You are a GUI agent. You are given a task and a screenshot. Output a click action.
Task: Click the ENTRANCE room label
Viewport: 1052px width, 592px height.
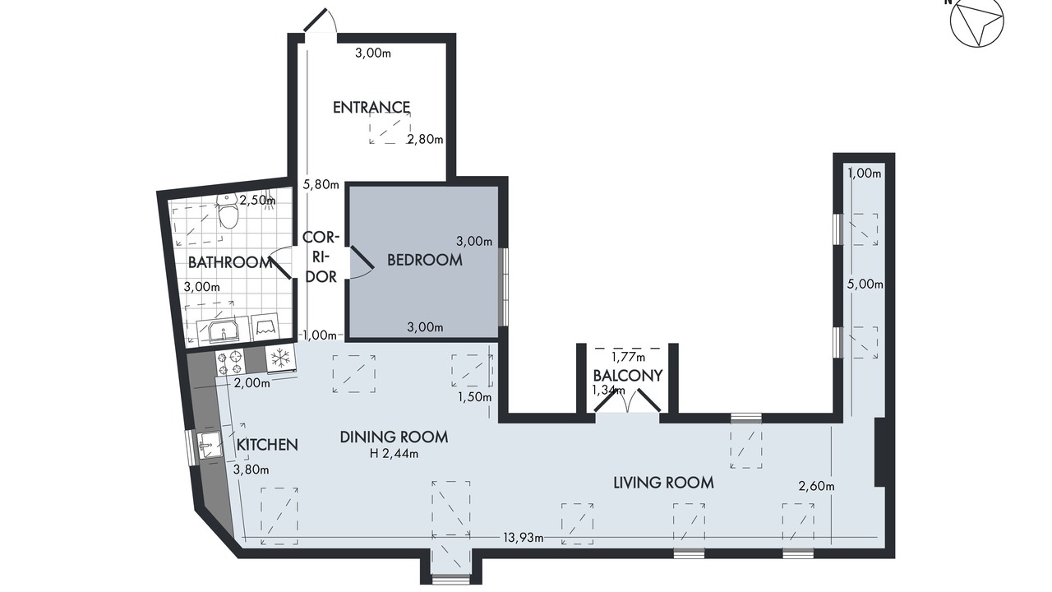371,108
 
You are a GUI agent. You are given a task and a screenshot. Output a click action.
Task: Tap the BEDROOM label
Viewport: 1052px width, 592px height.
425,260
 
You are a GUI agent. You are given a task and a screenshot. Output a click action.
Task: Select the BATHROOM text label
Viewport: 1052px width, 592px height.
229,262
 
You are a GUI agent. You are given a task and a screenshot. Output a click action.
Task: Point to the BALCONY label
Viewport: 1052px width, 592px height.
627,376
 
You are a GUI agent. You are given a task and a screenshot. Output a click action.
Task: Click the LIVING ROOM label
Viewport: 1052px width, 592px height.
663,483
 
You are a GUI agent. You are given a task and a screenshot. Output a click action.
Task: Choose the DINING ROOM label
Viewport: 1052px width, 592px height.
394,437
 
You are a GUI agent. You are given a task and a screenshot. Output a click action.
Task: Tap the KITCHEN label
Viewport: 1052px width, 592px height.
267,445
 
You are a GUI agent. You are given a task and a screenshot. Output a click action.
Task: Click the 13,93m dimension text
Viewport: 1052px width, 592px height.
524,537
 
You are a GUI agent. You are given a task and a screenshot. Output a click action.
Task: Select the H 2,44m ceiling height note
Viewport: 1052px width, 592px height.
394,453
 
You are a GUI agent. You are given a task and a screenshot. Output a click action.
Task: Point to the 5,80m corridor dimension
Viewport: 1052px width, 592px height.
321,184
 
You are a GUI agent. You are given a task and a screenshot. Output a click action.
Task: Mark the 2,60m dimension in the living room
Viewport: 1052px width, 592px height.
816,486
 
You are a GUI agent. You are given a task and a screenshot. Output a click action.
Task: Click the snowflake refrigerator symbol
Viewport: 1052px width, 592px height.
280,358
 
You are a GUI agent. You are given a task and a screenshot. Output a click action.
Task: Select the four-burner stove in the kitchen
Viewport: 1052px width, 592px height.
230,363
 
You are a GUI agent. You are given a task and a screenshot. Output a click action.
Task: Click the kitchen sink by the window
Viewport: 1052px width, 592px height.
210,444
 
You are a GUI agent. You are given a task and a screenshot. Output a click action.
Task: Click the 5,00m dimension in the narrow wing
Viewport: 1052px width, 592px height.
865,284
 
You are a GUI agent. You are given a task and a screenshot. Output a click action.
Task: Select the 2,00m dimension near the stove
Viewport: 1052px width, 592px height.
251,383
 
